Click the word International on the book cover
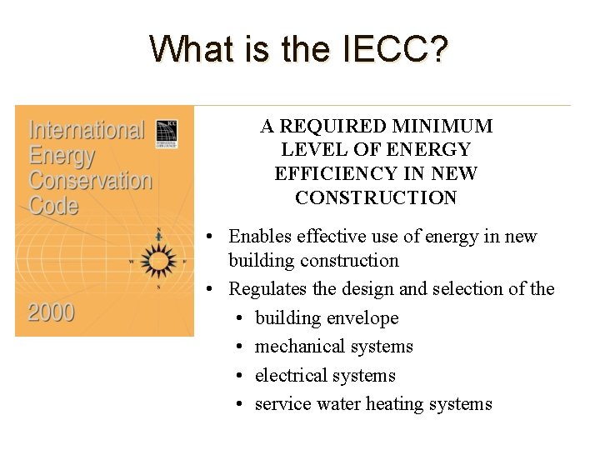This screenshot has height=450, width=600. (87, 132)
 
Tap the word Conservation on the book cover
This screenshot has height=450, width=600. (91, 180)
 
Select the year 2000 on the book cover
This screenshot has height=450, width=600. (52, 313)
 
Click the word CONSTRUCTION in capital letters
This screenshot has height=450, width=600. (376, 197)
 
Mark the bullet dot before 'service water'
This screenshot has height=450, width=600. (239, 405)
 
